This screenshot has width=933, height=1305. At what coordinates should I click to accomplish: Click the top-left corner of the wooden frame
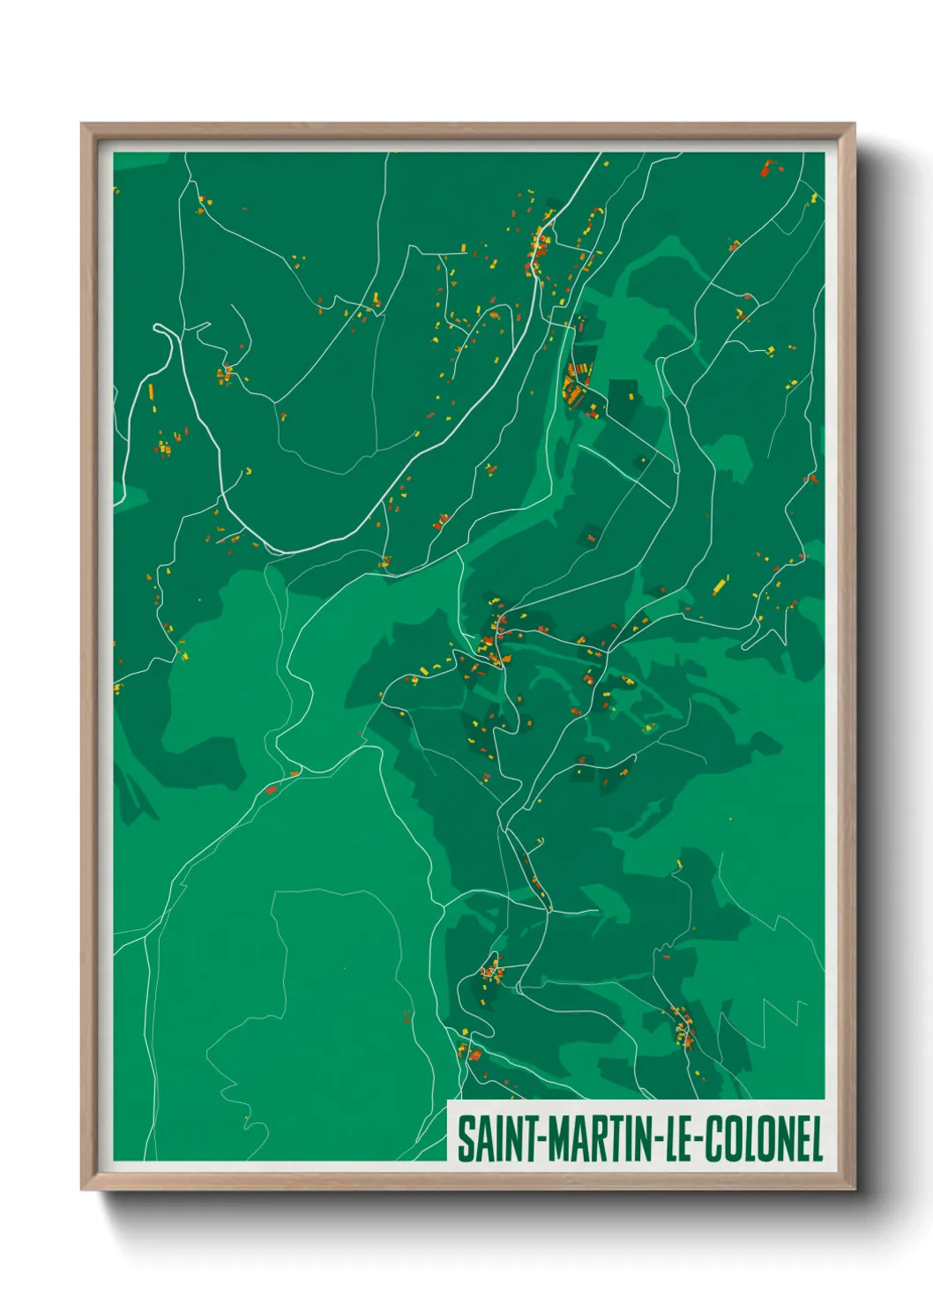pos(82,124)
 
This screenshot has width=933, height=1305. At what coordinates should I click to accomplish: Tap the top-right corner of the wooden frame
pos(854,124)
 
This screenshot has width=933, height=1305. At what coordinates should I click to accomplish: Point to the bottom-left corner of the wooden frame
pos(82,1189)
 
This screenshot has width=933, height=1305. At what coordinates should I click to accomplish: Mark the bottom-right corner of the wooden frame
pos(854,1189)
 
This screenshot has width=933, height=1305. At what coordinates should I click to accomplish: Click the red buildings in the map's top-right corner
pos(767,167)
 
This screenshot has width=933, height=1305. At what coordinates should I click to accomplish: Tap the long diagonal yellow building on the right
pos(721,584)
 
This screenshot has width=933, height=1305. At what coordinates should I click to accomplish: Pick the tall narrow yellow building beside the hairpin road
pos(151,391)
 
